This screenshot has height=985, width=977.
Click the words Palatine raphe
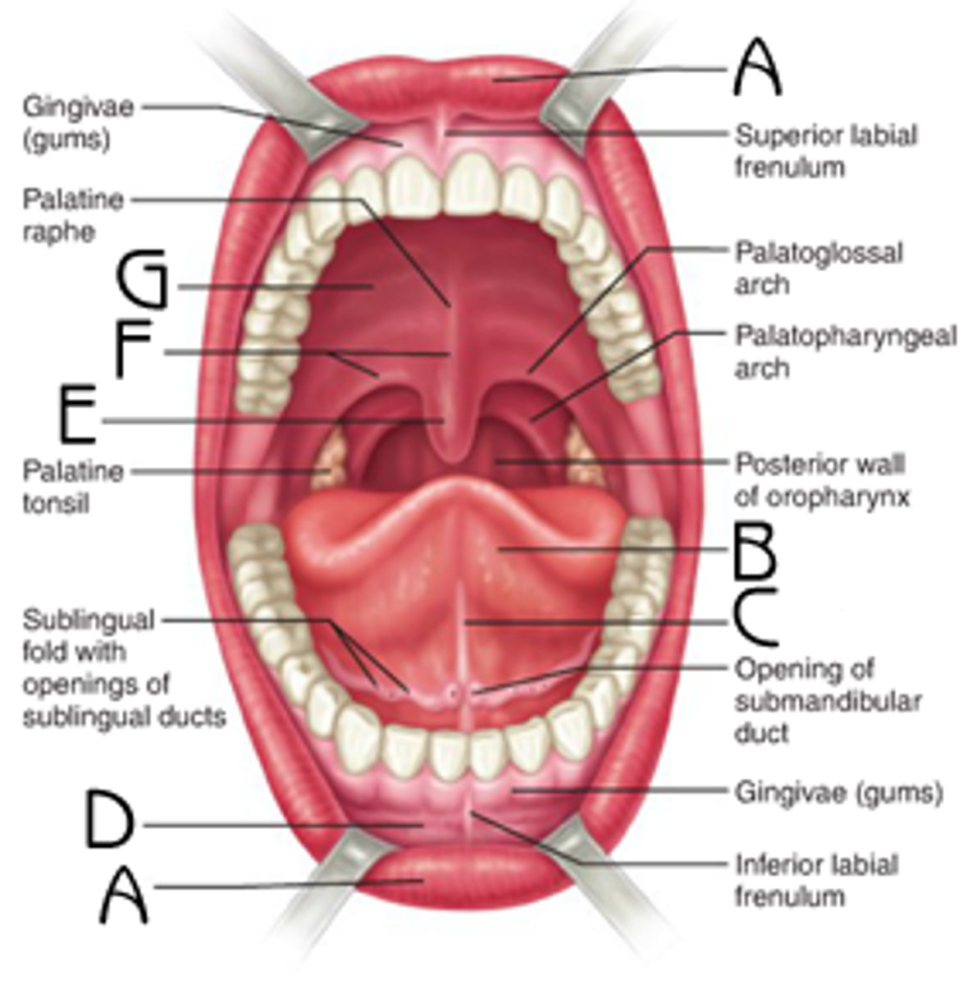click(72, 216)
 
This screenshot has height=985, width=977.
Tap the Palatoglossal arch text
click(819, 268)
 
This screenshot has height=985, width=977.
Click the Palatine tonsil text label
click(72, 487)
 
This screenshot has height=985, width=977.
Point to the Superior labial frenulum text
click(824, 151)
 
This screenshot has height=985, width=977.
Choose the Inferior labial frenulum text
click(815, 879)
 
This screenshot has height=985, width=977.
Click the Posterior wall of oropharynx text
click(821, 480)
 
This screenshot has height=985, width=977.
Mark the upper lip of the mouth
click(492, 78)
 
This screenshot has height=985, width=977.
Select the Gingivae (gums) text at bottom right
click(837, 793)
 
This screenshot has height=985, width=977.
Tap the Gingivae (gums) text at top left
click(78, 123)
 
